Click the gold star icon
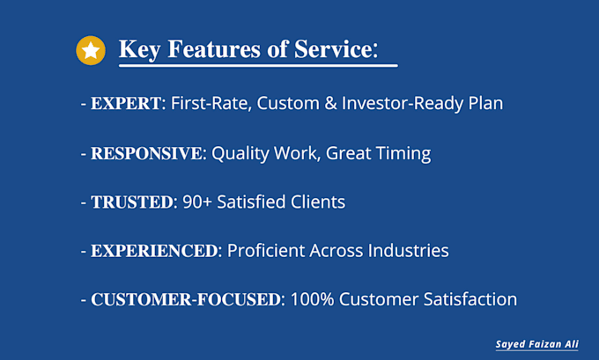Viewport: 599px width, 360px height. click(91, 50)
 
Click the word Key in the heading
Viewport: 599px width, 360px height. click(139, 49)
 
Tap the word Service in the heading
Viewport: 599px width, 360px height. click(332, 49)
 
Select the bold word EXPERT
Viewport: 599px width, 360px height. click(126, 104)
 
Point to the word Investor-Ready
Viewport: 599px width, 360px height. click(402, 104)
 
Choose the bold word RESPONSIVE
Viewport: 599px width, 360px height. click(146, 153)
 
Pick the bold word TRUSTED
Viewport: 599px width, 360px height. click(132, 202)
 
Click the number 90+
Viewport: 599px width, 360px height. click(196, 202)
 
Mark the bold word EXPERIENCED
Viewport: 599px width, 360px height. click(154, 251)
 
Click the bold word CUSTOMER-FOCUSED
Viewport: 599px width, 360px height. click(186, 299)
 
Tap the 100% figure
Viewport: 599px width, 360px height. click(312, 299)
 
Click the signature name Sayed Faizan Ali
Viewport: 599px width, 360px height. click(536, 344)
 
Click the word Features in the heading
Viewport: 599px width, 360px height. click(215, 49)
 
